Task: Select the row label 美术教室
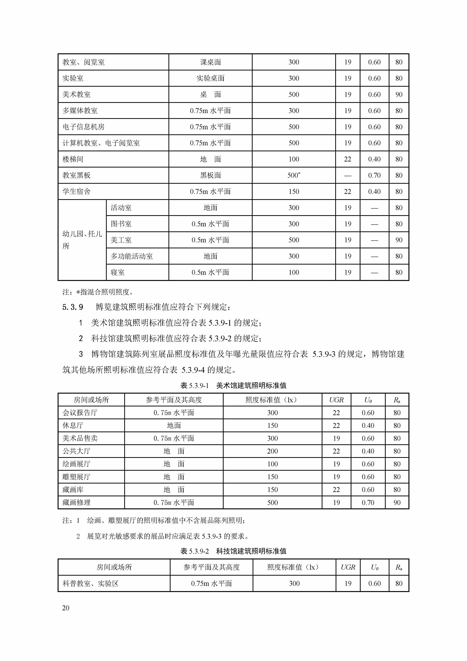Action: click(76, 94)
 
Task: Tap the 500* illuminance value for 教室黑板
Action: click(294, 175)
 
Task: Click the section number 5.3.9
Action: click(73, 307)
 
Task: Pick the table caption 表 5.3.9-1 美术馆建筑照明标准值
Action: click(233, 386)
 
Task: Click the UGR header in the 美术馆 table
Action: click(336, 400)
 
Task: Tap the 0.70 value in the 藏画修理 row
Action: click(368, 503)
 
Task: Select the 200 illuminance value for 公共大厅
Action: click(272, 451)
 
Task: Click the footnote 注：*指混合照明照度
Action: click(98, 292)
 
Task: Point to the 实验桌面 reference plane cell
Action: click(210, 78)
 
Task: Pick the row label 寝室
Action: click(118, 272)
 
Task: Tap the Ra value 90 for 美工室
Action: click(398, 240)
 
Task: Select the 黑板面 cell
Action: click(210, 175)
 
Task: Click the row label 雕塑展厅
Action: click(76, 477)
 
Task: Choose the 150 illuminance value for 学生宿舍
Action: click(294, 191)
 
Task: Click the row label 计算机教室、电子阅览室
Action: click(101, 143)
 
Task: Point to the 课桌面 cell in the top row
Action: click(210, 62)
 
